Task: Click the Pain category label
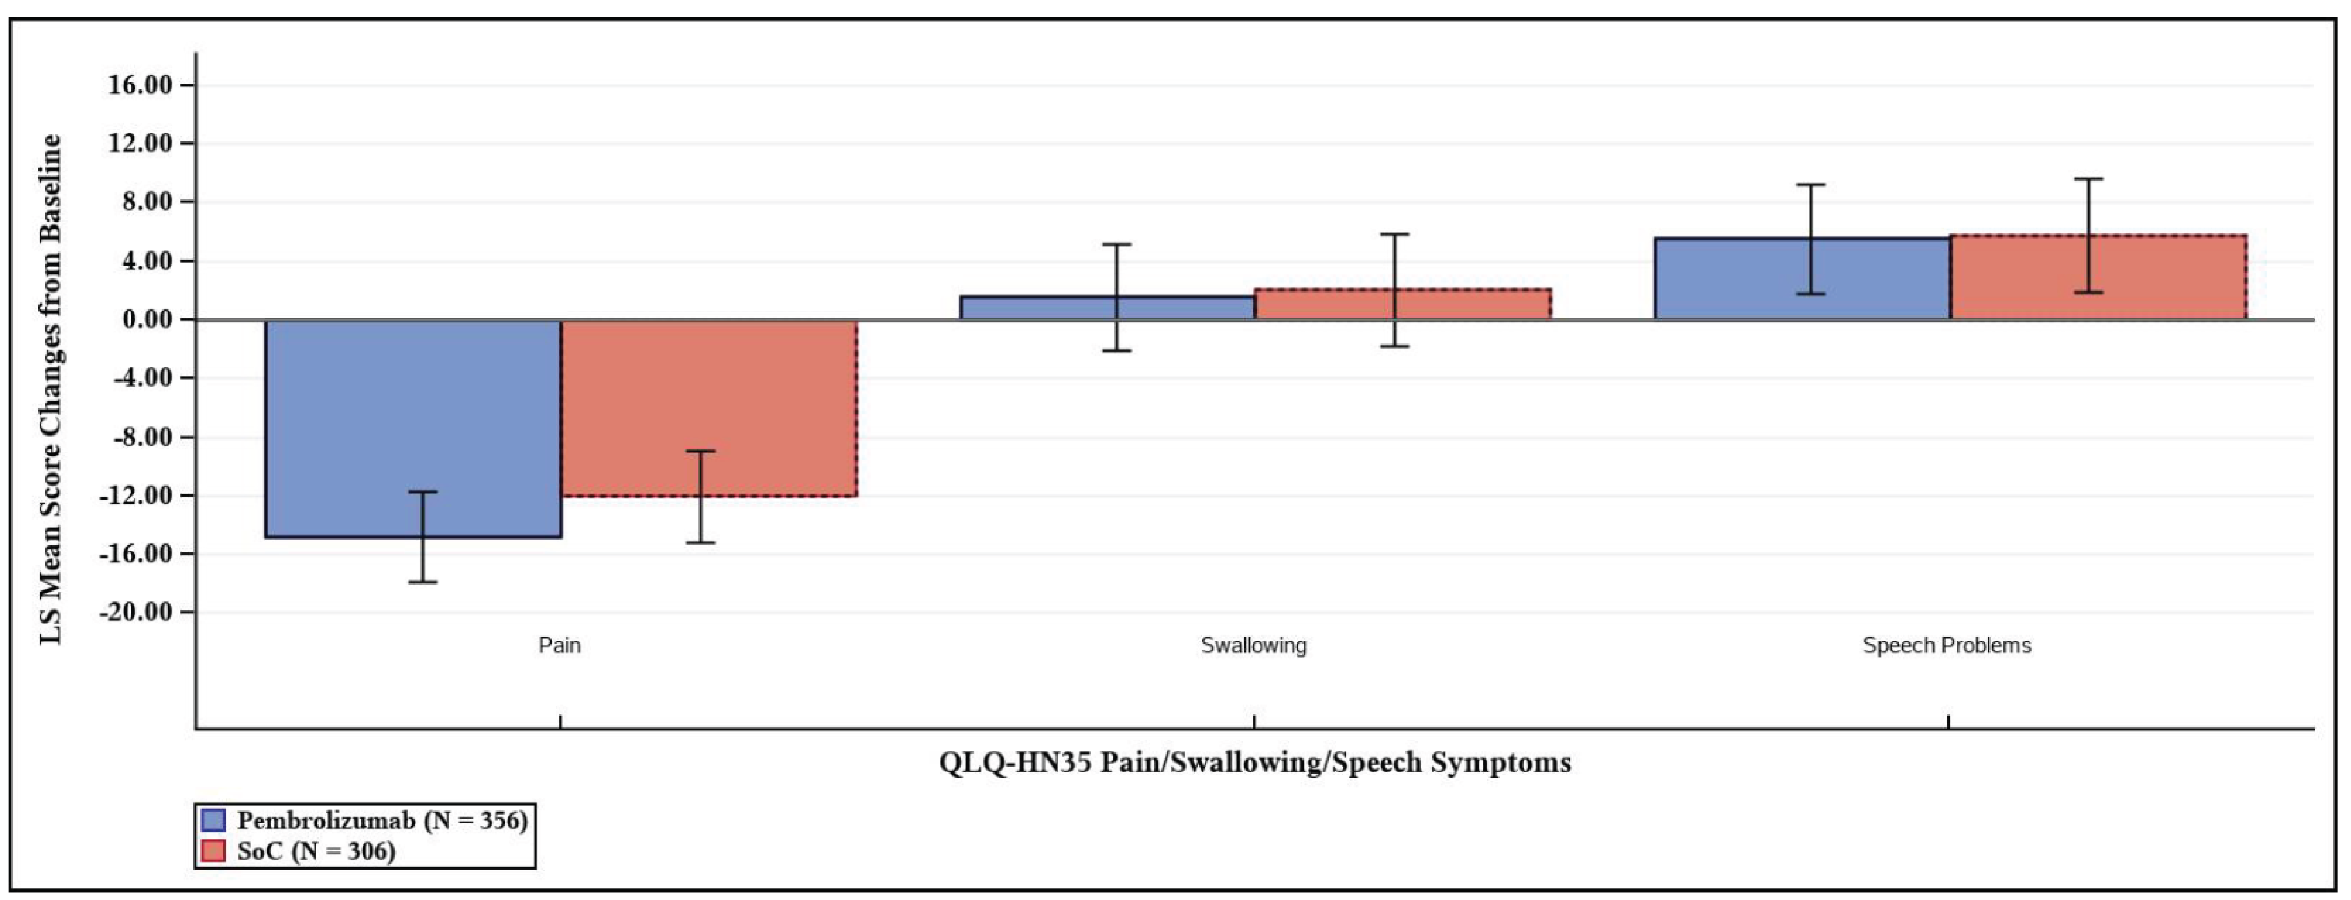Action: click(x=559, y=645)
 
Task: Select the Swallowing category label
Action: click(x=1253, y=645)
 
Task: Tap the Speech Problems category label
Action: click(x=1947, y=645)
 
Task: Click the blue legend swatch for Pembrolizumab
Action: click(x=213, y=819)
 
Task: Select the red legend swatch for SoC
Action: click(x=213, y=851)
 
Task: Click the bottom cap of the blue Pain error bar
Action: click(x=422, y=582)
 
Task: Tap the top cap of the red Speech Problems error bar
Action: click(x=2088, y=179)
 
